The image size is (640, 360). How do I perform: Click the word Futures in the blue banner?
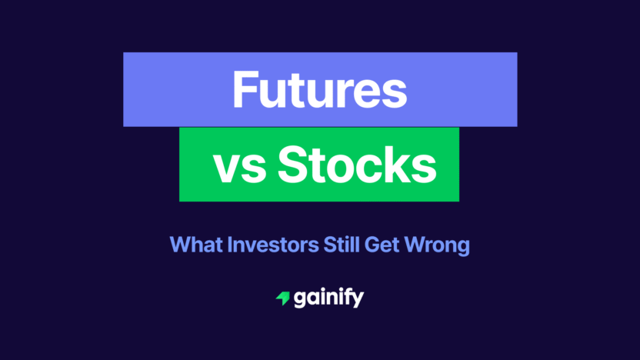coord(319,89)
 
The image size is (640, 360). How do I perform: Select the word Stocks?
coord(355,165)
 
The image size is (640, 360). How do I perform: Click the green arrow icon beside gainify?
coord(282,298)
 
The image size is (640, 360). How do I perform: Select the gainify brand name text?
coord(328,298)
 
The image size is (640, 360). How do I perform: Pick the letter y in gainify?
coord(358,301)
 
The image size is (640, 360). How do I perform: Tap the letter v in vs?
coord(227,167)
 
